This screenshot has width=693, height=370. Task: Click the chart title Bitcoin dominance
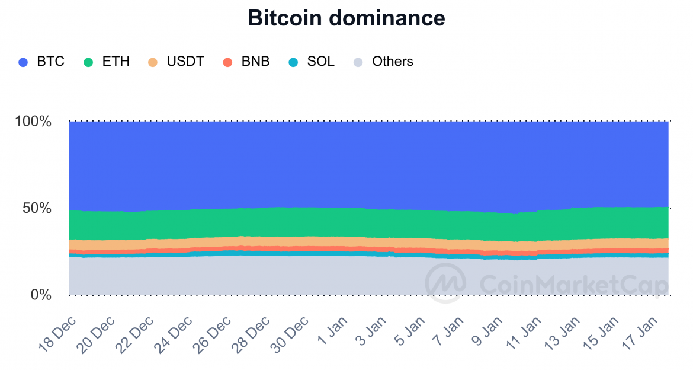[x=346, y=18]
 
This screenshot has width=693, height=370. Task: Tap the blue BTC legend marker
[x=23, y=62]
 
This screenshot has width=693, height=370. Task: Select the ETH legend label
[x=116, y=62]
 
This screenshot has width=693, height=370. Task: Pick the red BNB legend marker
[x=227, y=62]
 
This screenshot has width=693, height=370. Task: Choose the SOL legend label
[x=320, y=62]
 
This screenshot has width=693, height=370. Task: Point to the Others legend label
[x=392, y=62]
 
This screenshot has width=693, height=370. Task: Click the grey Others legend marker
[x=358, y=62]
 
